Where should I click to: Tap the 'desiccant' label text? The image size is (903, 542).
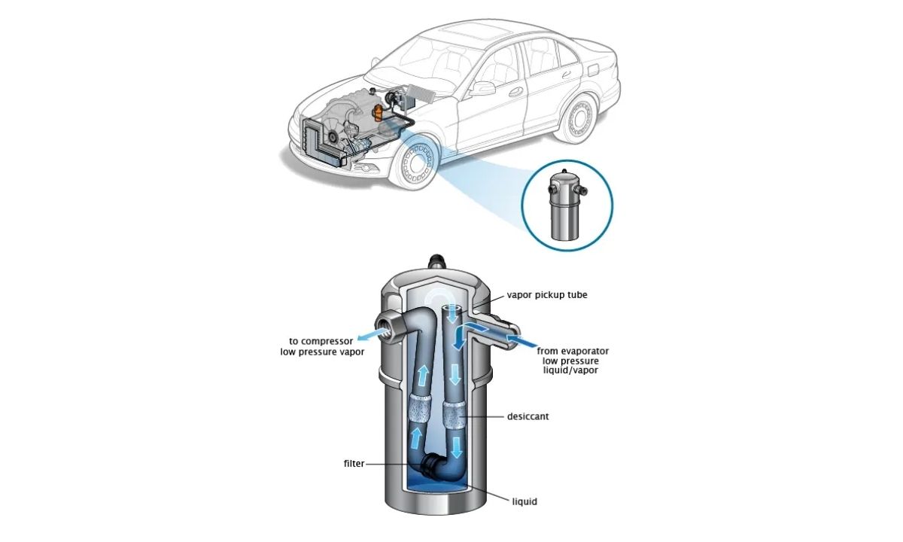pos(528,416)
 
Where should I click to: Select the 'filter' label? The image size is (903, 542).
pos(354,464)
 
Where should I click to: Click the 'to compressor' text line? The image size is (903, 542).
pos(321,341)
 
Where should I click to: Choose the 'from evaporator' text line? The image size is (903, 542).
pos(573,351)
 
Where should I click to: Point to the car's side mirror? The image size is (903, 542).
pos(484,88)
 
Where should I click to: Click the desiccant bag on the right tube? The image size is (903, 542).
pos(455,415)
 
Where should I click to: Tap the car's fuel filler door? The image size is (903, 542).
pos(591,69)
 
